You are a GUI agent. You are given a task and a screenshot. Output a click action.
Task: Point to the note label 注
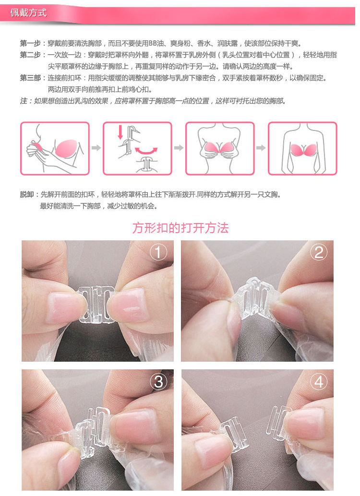(x=24, y=101)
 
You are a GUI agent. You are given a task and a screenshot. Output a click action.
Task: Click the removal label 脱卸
(x=27, y=195)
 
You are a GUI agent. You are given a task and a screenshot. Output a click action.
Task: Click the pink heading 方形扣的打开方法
(x=180, y=228)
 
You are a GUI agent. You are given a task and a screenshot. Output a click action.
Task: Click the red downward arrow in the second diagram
(x=120, y=132)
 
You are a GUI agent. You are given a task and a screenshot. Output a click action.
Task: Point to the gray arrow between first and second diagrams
(x=96, y=148)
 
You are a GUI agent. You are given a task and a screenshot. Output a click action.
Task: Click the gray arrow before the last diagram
(x=261, y=148)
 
